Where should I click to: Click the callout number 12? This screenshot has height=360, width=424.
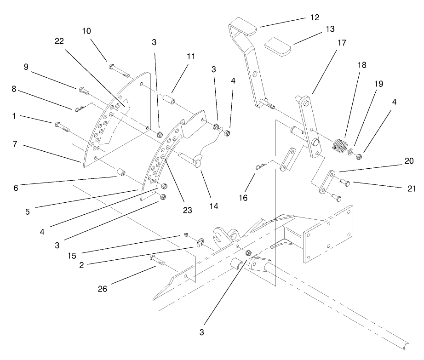(314, 18)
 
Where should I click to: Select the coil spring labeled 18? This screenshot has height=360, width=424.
(339, 145)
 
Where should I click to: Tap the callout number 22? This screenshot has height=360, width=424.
(59, 41)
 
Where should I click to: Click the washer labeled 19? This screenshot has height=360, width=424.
(351, 151)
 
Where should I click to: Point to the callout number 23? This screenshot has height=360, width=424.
(187, 210)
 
